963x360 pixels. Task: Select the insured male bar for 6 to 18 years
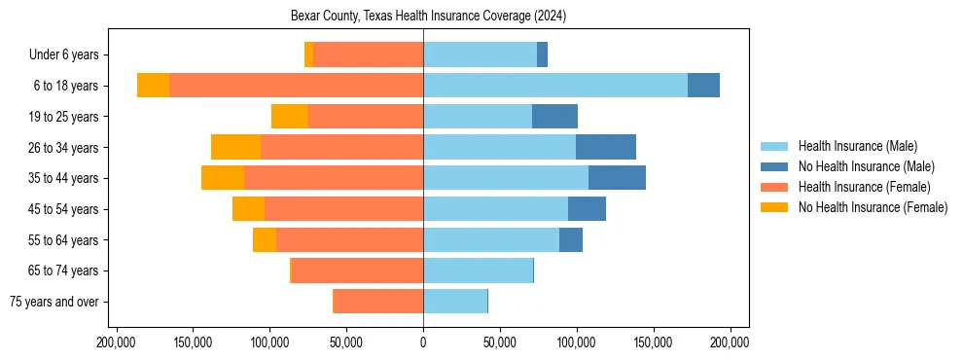click(x=555, y=86)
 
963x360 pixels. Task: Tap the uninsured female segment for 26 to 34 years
click(x=235, y=147)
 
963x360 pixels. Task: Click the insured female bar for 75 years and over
click(x=378, y=302)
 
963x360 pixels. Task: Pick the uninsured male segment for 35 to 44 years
click(x=617, y=178)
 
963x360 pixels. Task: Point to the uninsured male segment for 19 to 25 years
click(x=554, y=117)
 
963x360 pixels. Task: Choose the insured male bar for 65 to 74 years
click(x=478, y=270)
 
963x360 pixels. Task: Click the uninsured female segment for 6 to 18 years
click(x=153, y=86)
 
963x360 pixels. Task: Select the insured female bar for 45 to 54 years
click(x=343, y=209)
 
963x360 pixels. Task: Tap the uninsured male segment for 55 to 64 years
click(x=571, y=240)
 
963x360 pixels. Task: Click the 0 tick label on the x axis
click(x=423, y=342)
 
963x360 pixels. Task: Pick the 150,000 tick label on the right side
click(x=653, y=342)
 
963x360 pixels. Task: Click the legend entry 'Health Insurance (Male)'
click(x=857, y=146)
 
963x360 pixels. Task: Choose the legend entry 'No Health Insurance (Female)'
click(x=873, y=207)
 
